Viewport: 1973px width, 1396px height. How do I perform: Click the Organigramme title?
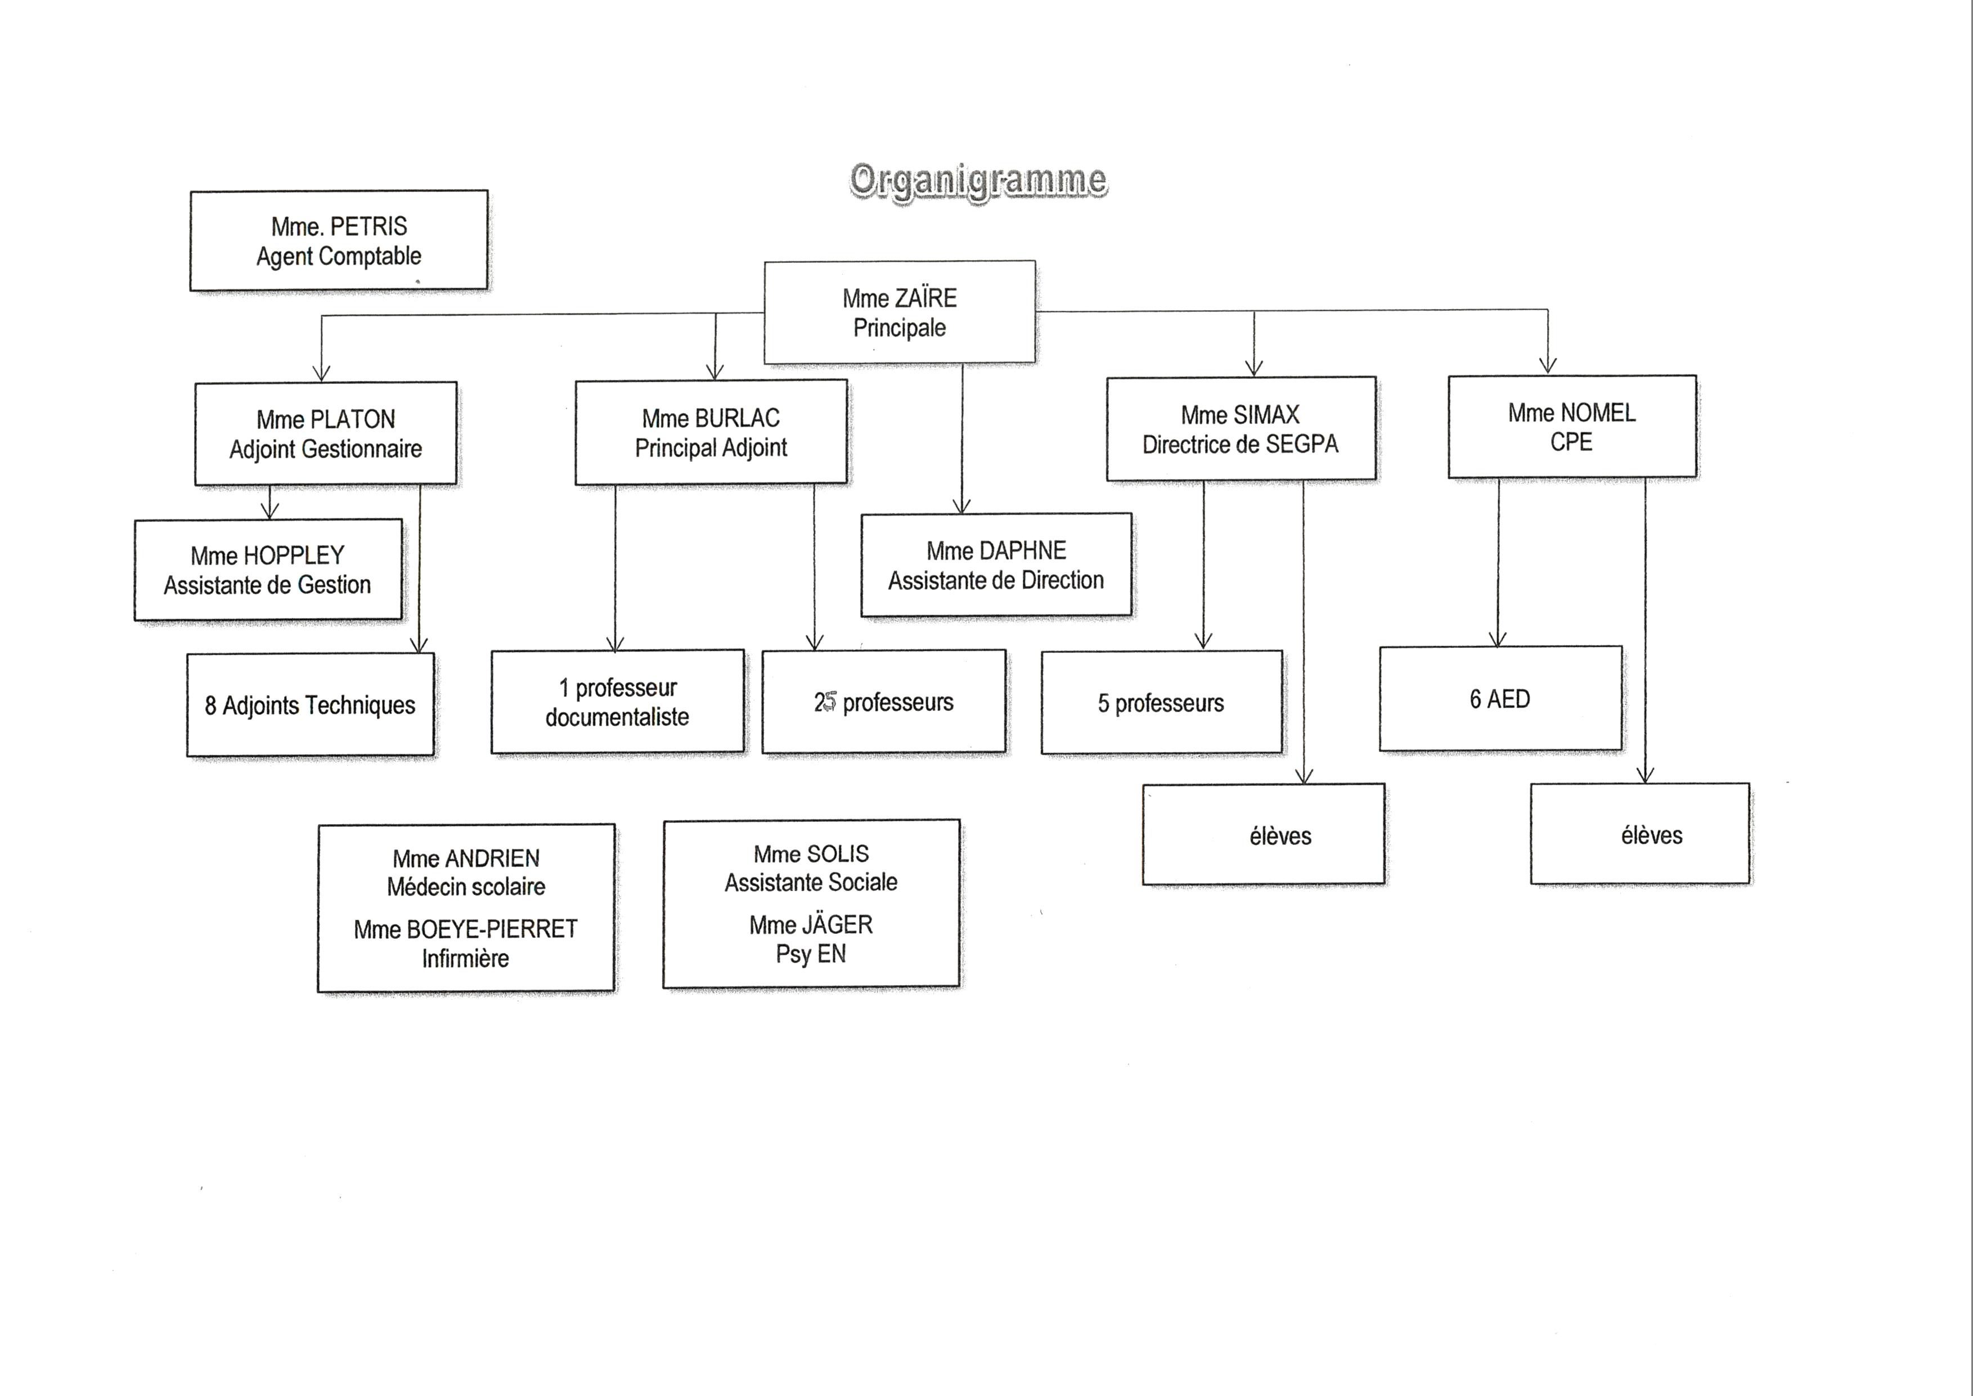(978, 181)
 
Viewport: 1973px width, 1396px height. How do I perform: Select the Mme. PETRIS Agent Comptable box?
(339, 241)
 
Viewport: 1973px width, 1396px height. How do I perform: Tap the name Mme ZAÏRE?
(900, 298)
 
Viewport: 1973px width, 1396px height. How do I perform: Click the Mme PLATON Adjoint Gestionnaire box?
(326, 434)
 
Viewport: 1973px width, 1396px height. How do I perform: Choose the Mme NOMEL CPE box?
(1572, 426)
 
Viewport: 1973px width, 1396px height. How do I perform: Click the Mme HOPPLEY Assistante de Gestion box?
(268, 569)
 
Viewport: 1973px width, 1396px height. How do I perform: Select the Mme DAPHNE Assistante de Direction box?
(996, 566)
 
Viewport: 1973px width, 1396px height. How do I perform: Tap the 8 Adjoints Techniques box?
(310, 705)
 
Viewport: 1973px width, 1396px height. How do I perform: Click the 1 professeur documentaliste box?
(617, 701)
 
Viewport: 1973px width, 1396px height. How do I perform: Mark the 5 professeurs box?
(1161, 703)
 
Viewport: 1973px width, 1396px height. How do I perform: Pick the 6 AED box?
(1500, 699)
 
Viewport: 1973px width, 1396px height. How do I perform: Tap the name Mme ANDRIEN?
(466, 859)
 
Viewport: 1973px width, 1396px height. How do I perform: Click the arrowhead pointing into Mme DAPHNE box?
(963, 506)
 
